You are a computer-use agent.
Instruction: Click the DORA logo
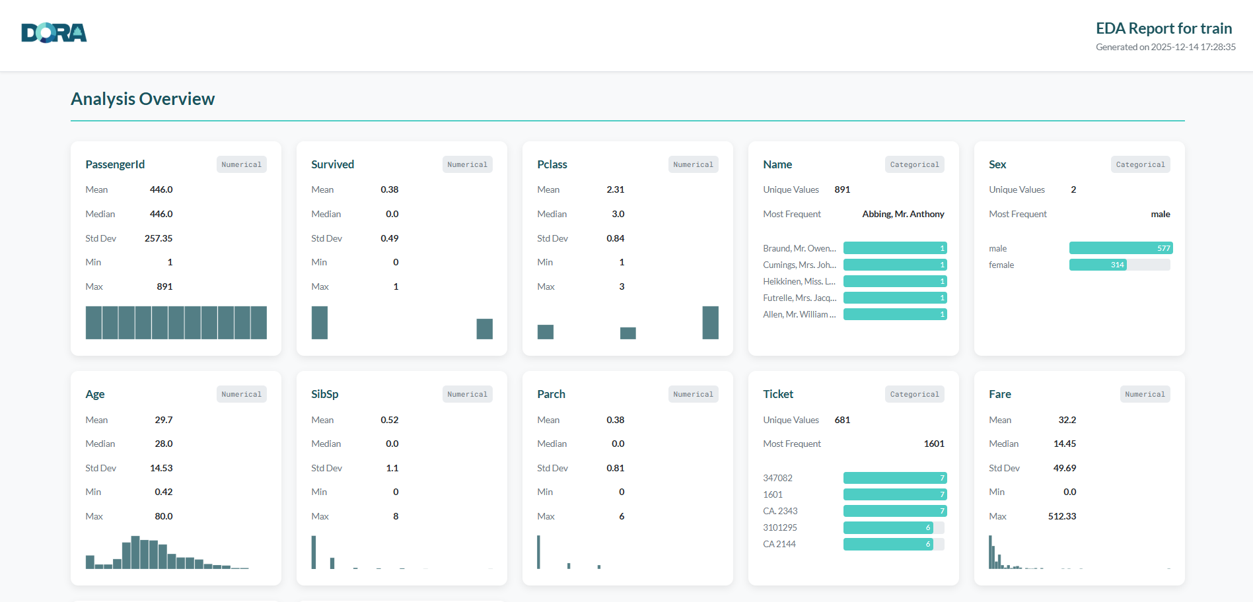pyautogui.click(x=54, y=33)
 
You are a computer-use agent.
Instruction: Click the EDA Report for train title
pyautogui.click(x=1163, y=28)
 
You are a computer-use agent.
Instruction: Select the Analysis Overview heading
pyautogui.click(x=143, y=99)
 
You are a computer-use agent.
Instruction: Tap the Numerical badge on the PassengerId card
pyautogui.click(x=241, y=164)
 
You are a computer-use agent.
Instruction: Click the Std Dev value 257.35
pyautogui.click(x=159, y=238)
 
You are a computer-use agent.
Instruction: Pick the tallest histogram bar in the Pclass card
pyautogui.click(x=710, y=323)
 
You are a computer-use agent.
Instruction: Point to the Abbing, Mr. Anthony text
pyautogui.click(x=903, y=214)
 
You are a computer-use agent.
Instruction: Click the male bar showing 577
pyautogui.click(x=1120, y=248)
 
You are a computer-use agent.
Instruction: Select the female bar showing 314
pyautogui.click(x=1098, y=265)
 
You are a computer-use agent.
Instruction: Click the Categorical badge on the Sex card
pyautogui.click(x=1140, y=164)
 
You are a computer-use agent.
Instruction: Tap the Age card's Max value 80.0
pyautogui.click(x=163, y=516)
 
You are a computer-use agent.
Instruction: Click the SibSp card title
pyautogui.click(x=324, y=394)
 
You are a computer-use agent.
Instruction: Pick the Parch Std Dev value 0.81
pyautogui.click(x=615, y=468)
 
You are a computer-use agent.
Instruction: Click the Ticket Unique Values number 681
pyautogui.click(x=842, y=420)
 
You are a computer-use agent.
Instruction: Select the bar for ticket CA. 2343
pyautogui.click(x=894, y=511)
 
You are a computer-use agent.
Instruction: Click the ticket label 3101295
pyautogui.click(x=779, y=527)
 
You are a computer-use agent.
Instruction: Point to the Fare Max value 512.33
pyautogui.click(x=1061, y=516)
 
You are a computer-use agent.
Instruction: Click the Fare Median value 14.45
pyautogui.click(x=1064, y=444)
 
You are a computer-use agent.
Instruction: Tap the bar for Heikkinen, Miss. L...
pyautogui.click(x=894, y=281)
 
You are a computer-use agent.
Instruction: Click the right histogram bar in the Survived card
pyautogui.click(x=484, y=329)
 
